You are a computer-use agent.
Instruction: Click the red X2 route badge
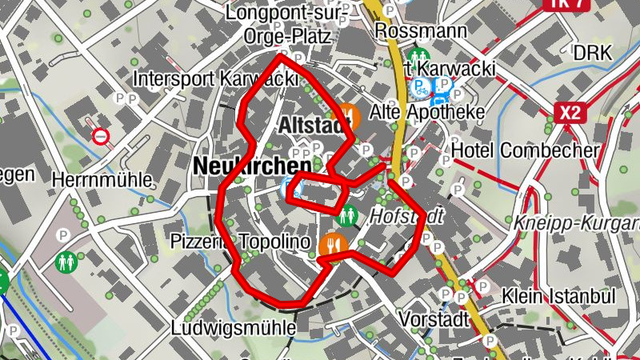pyautogui.click(x=569, y=113)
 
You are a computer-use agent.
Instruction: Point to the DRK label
pyautogui.click(x=592, y=54)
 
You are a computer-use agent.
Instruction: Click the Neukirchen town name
pyautogui.click(x=251, y=166)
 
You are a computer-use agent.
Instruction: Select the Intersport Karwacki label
pyautogui.click(x=215, y=79)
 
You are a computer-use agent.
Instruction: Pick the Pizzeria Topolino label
pyautogui.click(x=229, y=242)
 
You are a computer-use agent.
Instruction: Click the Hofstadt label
pyautogui.click(x=405, y=216)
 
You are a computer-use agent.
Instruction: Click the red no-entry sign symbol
pyautogui.click(x=101, y=137)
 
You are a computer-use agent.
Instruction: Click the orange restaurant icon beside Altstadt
pyautogui.click(x=350, y=115)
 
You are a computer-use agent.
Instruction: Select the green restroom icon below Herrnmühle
pyautogui.click(x=65, y=262)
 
